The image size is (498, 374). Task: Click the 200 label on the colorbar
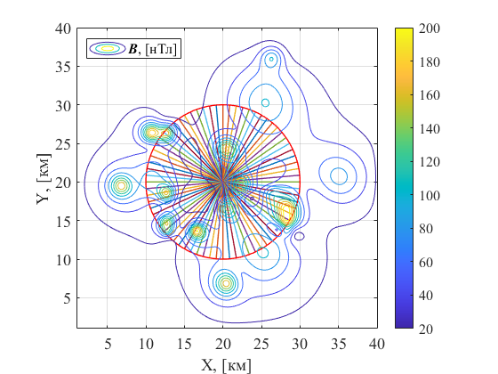429,28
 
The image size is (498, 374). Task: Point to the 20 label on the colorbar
426,329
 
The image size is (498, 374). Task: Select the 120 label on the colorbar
429,162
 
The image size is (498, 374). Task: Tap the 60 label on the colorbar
426,263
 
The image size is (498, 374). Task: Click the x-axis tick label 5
108,344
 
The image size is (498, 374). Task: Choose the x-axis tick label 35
339,344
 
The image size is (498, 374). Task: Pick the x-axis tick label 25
261,344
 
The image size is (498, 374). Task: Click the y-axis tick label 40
62,28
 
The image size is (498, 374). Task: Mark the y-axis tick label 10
62,260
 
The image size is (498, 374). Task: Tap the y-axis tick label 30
62,106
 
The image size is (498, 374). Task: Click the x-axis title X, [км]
226,365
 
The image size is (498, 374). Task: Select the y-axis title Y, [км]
44,179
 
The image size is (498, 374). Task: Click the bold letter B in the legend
133,49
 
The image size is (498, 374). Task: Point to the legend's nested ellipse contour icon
108,49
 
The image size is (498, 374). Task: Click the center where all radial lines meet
223,183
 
